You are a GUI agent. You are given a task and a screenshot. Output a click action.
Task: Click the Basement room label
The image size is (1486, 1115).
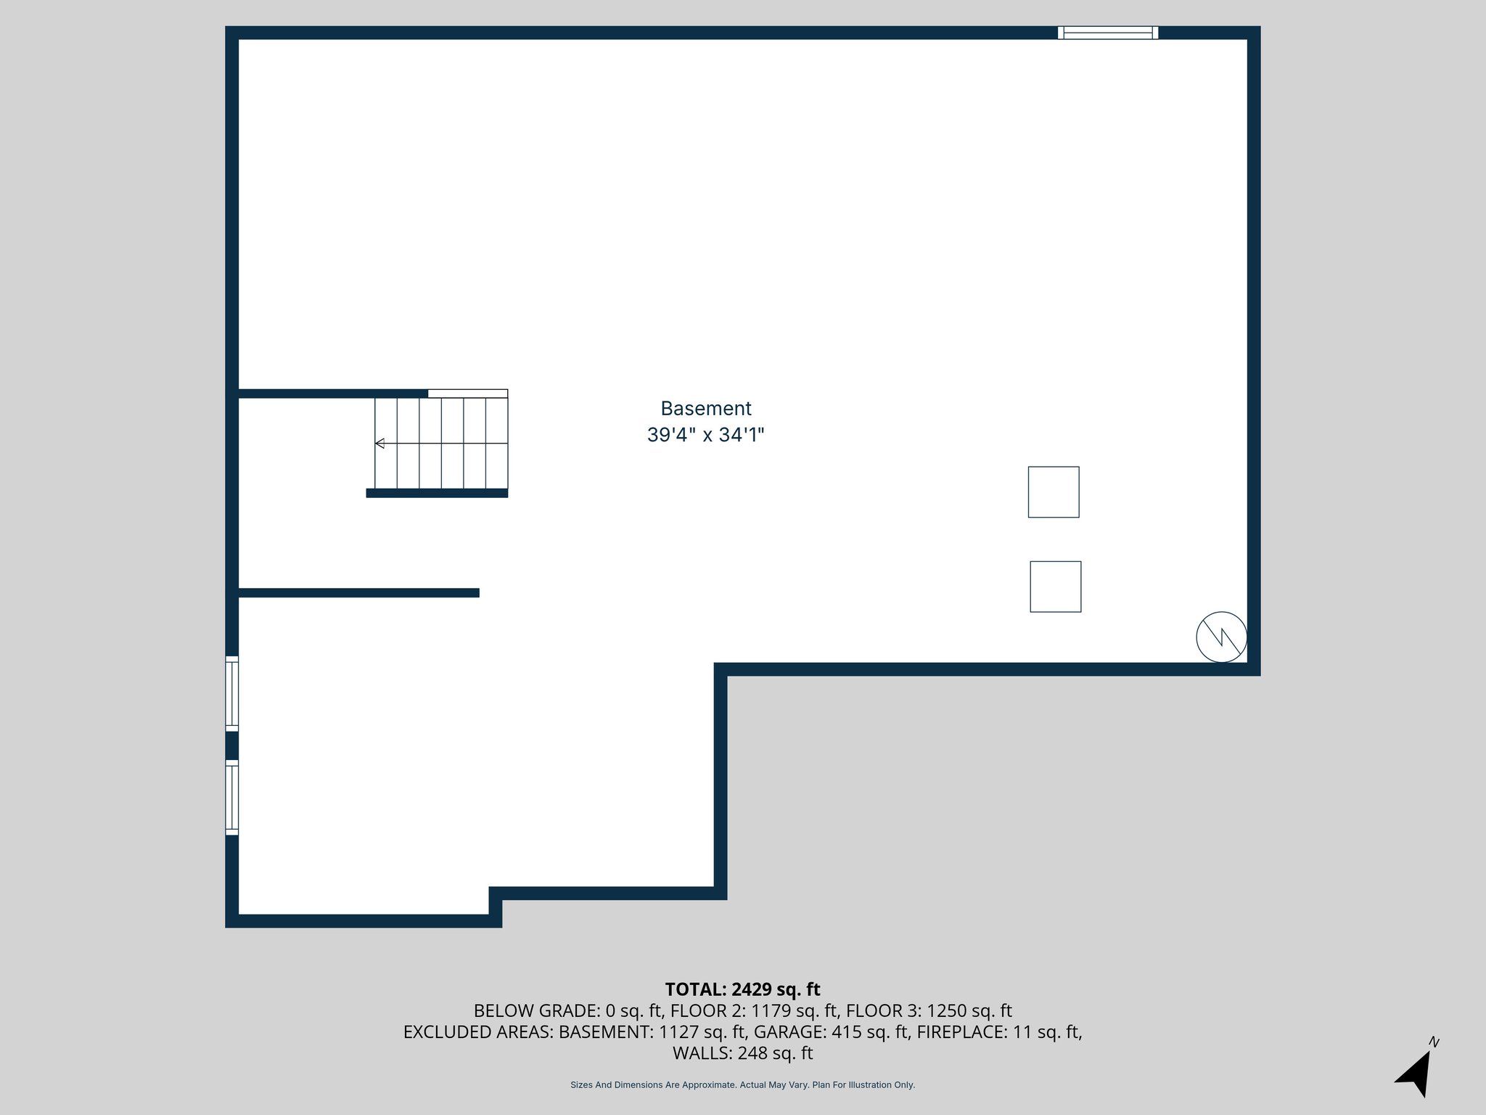pos(705,409)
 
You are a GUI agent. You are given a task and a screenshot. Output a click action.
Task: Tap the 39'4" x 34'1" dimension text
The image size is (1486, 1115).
pos(705,436)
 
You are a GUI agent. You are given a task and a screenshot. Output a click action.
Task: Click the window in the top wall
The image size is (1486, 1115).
pos(1107,33)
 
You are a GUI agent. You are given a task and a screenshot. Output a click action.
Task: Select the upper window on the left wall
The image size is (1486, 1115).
pos(232,693)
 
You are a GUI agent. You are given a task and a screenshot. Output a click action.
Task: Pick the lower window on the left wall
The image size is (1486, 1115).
pos(232,797)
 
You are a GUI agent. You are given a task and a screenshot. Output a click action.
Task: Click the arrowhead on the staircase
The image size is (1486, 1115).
pos(379,444)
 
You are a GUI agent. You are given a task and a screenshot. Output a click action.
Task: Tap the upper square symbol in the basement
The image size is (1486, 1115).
pos(1053,492)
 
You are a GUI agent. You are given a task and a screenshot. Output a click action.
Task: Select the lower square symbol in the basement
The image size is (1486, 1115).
pos(1055,587)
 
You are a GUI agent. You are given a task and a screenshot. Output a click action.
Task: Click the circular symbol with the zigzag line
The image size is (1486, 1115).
pos(1221,637)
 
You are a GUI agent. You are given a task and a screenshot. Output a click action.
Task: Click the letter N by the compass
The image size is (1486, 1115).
pos(1434,1042)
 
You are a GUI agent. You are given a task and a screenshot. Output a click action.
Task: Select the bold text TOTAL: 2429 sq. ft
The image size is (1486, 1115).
pos(742,989)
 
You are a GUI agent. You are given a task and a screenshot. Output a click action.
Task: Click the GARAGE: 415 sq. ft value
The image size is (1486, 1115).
pos(831,1032)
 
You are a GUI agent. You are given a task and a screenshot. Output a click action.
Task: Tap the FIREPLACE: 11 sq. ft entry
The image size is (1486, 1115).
pos(999,1032)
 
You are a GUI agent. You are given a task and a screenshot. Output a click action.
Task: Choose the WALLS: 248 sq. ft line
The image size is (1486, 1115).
pos(742,1053)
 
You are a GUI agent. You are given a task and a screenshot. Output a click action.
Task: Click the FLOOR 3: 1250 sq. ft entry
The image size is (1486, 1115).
pos(929,1010)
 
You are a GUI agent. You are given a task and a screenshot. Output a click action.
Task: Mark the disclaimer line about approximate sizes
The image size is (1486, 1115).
pos(742,1085)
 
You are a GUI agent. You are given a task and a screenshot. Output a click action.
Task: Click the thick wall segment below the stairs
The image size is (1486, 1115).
pos(437,494)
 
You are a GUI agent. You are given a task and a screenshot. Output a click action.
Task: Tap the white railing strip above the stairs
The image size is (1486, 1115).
pos(467,393)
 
